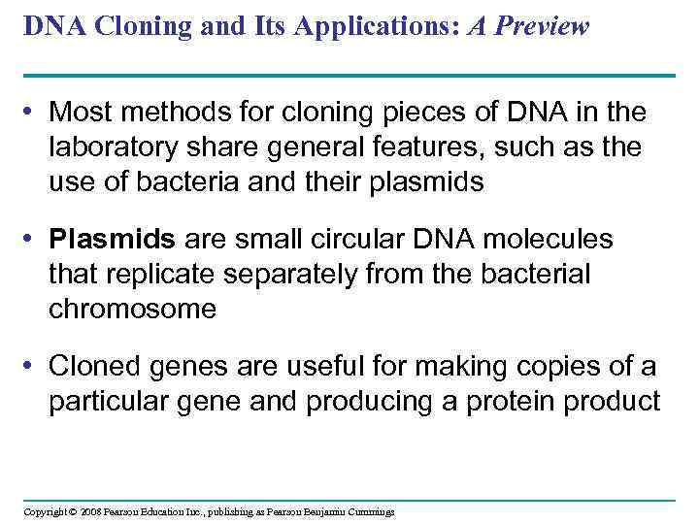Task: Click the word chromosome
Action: (x=132, y=309)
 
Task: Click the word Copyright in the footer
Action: (x=44, y=511)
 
